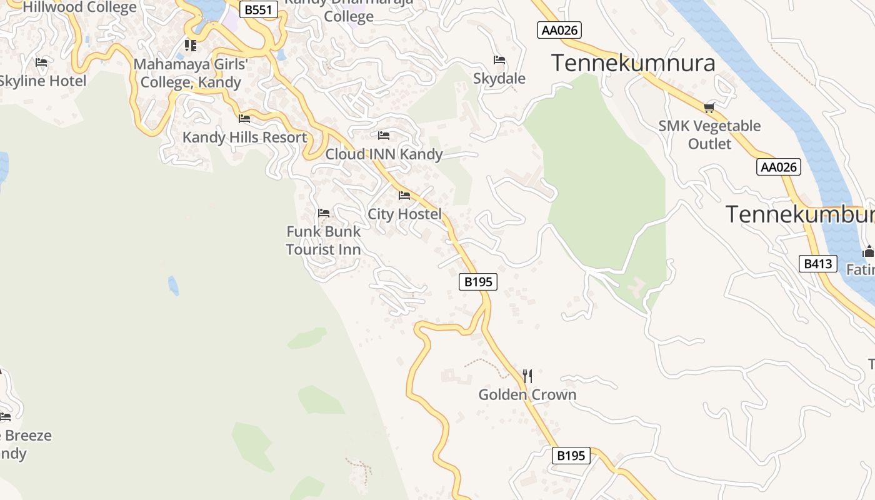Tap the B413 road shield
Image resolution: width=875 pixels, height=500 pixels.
point(817,264)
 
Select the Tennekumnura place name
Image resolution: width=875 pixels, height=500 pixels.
point(633,63)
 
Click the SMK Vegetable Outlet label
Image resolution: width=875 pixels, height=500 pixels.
point(709,134)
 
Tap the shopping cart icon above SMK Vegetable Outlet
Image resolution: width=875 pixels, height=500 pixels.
point(709,107)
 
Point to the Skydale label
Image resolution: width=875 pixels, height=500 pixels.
point(499,79)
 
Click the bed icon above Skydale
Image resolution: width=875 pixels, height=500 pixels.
point(499,60)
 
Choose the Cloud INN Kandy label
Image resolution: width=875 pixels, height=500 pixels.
point(384,154)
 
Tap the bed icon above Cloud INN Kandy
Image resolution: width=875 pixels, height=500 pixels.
point(384,136)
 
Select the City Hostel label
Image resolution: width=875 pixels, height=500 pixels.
point(404,214)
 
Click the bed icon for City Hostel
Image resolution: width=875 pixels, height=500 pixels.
point(404,196)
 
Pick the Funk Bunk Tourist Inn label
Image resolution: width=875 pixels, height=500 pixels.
point(323,241)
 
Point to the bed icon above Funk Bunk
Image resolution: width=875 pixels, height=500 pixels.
point(324,213)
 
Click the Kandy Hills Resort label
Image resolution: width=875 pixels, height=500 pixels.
point(244,137)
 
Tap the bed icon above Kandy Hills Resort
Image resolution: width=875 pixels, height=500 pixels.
point(244,118)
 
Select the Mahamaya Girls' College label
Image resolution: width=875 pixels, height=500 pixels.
point(191,73)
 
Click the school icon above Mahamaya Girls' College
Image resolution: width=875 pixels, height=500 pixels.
point(191,46)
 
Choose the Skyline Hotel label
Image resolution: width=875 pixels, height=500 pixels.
point(42,81)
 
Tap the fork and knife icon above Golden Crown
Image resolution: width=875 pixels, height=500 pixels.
point(527,376)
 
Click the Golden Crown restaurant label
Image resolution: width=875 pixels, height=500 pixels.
point(527,395)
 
